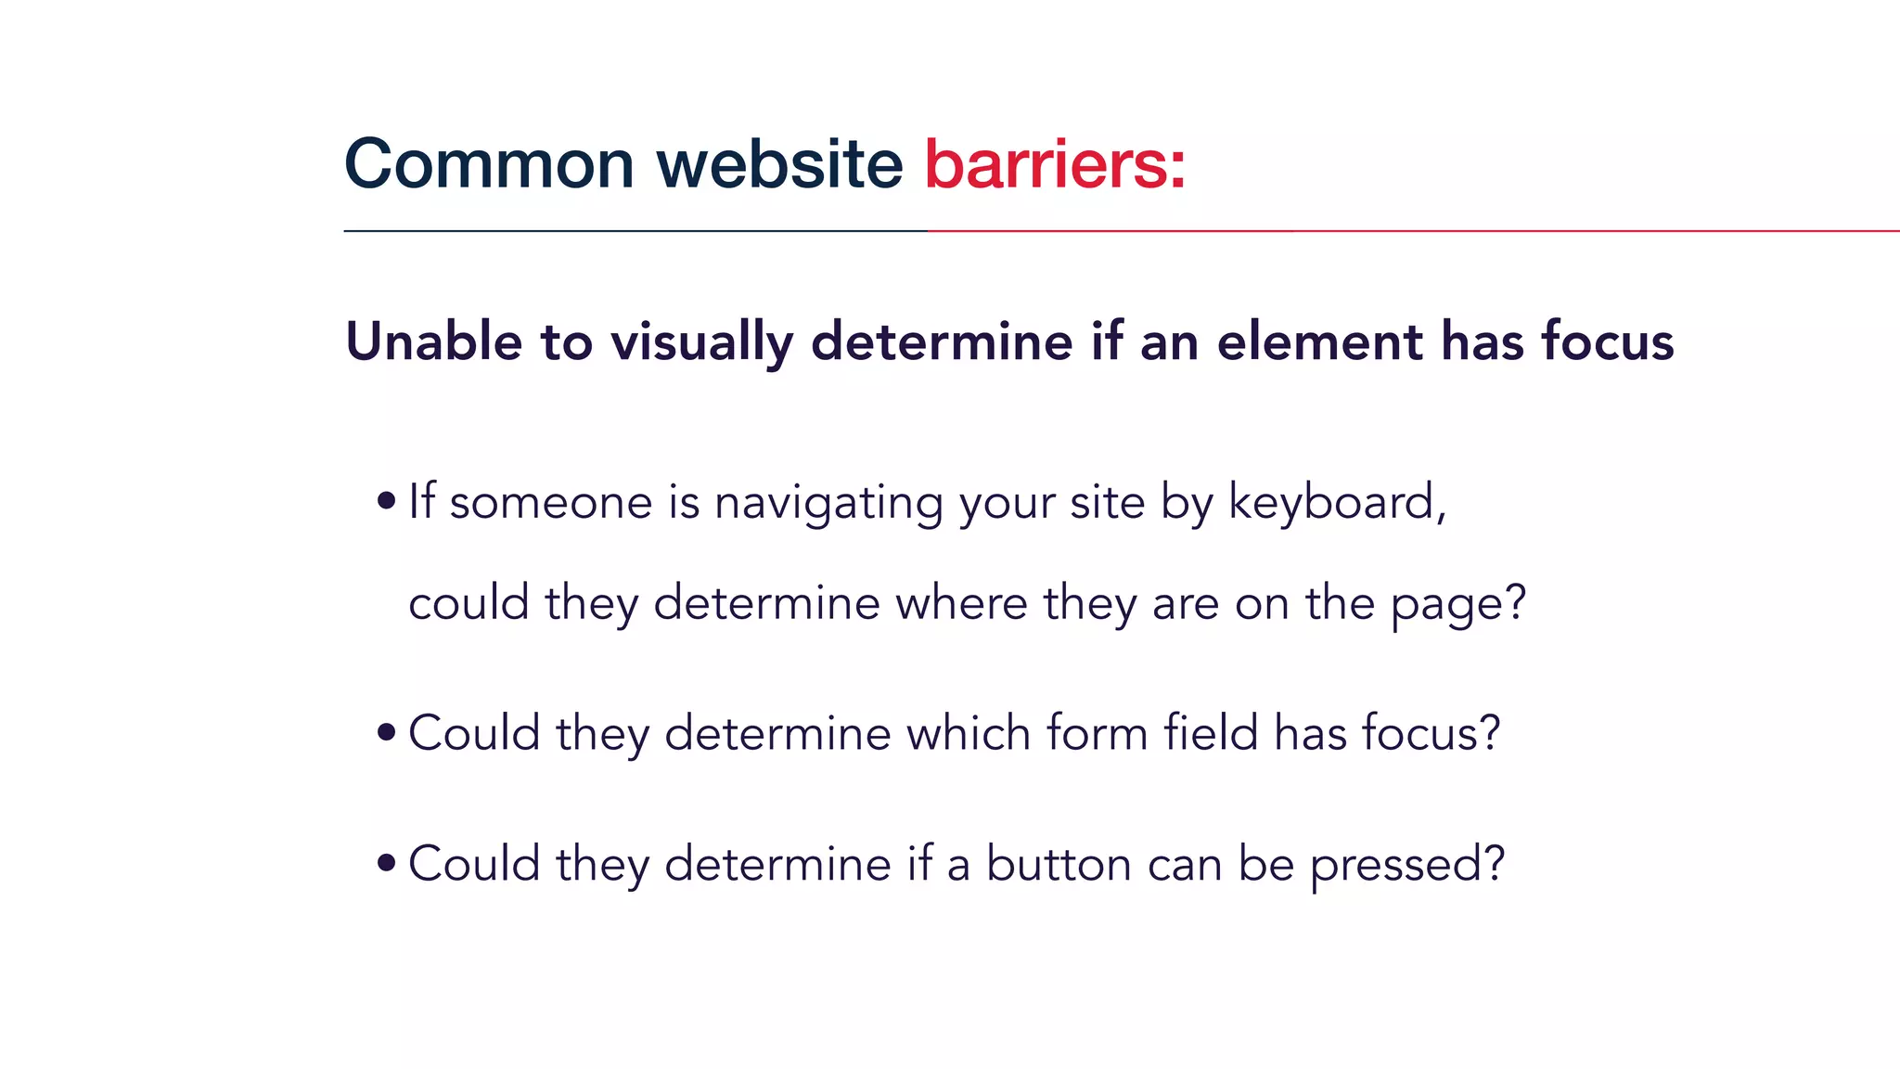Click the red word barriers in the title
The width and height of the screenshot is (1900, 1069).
tap(1045, 164)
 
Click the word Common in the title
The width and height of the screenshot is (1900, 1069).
tap(489, 164)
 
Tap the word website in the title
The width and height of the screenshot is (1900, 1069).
tap(779, 164)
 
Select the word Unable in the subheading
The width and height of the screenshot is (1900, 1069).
tap(433, 341)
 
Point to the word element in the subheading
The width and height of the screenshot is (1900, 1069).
tap(1320, 341)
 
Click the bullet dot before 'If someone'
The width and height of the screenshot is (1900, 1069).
tap(387, 502)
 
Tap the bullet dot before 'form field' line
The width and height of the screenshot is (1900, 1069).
tap(387, 733)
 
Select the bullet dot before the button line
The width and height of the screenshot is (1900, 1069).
tap(387, 864)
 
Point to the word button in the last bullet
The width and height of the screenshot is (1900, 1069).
tap(1058, 864)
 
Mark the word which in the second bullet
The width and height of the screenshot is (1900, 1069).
tap(969, 733)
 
